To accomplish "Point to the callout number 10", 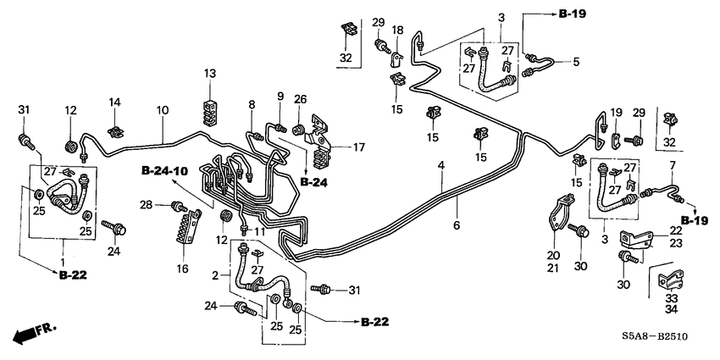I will (162, 110).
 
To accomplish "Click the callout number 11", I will (260, 230).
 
